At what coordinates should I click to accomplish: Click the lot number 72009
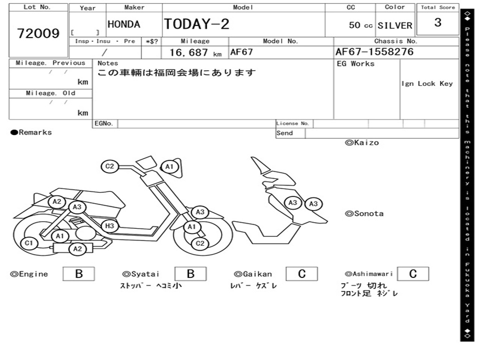click(38, 33)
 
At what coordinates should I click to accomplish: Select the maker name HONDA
click(124, 24)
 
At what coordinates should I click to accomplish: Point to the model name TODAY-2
click(196, 24)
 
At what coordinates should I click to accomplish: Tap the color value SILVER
click(395, 25)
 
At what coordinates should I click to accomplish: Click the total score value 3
click(438, 22)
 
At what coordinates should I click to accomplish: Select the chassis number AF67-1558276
click(375, 52)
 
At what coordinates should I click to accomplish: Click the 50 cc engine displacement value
click(360, 25)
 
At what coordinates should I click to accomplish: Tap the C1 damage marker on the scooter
click(29, 243)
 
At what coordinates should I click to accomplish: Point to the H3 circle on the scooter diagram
click(109, 226)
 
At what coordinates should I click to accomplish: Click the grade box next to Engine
click(78, 274)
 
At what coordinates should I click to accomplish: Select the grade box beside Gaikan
click(301, 274)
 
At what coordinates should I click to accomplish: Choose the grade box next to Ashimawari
click(412, 274)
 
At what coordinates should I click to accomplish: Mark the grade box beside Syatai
click(190, 274)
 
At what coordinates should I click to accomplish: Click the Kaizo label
click(362, 142)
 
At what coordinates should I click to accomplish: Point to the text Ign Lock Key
click(427, 83)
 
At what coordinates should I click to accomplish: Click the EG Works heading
click(356, 64)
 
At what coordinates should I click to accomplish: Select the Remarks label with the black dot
click(31, 133)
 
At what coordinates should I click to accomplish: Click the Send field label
click(285, 133)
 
